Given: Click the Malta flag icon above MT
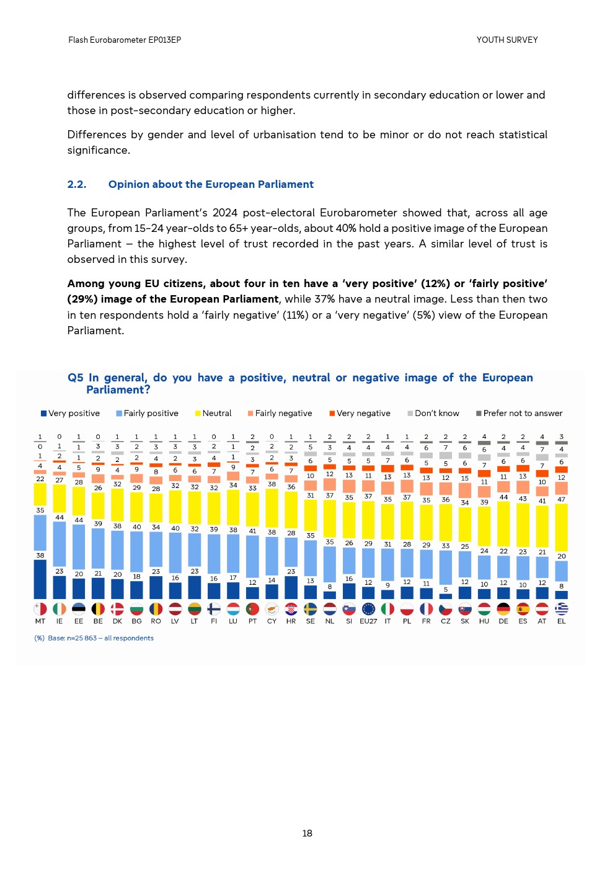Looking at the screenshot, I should coord(40,609).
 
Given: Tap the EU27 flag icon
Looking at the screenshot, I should coord(368,609).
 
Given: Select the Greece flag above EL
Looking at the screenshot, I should coord(561,609).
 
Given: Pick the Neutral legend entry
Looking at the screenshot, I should coord(213,414).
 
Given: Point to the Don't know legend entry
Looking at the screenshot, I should coord(433,414).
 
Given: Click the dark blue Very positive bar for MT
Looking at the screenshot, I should coord(40,579).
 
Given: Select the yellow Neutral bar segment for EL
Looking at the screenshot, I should coord(561,527).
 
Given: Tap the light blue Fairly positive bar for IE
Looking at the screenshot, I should coord(60,549).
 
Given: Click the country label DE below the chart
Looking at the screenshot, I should coord(503,621).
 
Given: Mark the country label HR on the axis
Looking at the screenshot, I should coord(291,621).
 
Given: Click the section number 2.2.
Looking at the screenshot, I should coord(77,184).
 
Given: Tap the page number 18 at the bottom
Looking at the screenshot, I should coord(307,833).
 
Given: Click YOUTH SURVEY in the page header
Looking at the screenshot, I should coord(507,40).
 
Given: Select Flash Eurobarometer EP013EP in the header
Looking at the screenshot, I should coord(125,40).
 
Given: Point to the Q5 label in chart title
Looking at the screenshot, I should coord(75,378).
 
